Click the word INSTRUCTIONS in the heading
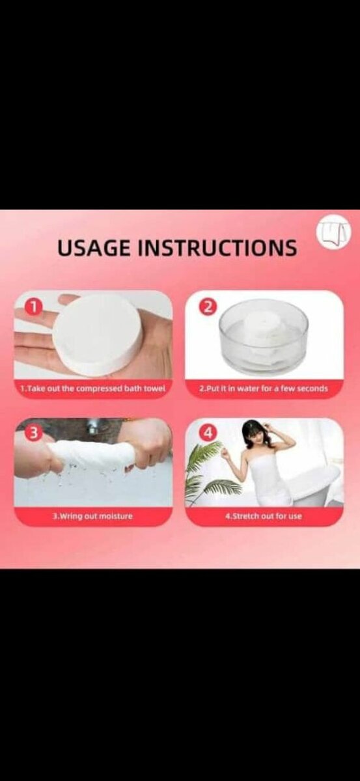coord(217,248)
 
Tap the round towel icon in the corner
coord(333,232)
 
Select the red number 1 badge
coord(33,307)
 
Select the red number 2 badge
coord(208,307)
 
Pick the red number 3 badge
coord(33,433)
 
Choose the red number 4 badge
coord(208,433)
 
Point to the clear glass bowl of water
coord(264,334)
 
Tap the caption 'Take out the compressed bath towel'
coord(92,389)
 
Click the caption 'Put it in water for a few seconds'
coord(264,389)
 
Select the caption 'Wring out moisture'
coord(92,516)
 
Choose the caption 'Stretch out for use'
coord(264,516)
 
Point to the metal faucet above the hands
coord(92,427)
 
